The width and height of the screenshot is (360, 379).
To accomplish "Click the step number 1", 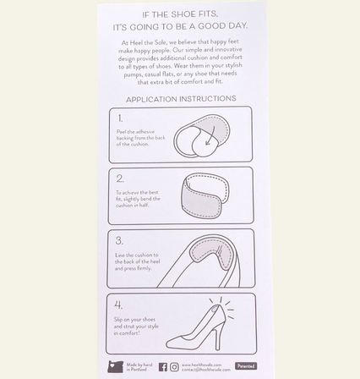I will pos(120,118).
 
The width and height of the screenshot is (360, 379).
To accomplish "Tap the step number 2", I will pos(120,179).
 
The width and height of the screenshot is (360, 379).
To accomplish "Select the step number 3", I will pos(120,241).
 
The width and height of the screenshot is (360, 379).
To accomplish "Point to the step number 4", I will pos(119,304).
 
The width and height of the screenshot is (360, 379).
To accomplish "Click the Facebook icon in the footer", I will pos(163,366).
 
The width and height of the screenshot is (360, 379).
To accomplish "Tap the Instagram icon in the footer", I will pos(174,366).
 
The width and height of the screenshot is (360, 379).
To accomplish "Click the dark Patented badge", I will pos(245,365).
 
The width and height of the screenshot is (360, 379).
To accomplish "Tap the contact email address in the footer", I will pos(205,369).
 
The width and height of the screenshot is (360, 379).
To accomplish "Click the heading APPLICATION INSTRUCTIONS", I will pos(180,99).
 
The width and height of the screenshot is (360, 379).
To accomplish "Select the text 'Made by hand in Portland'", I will pos(139,366).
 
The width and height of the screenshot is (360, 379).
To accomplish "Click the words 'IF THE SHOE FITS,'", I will pos(180,14).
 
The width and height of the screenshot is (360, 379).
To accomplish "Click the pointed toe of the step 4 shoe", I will pos(170,343).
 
